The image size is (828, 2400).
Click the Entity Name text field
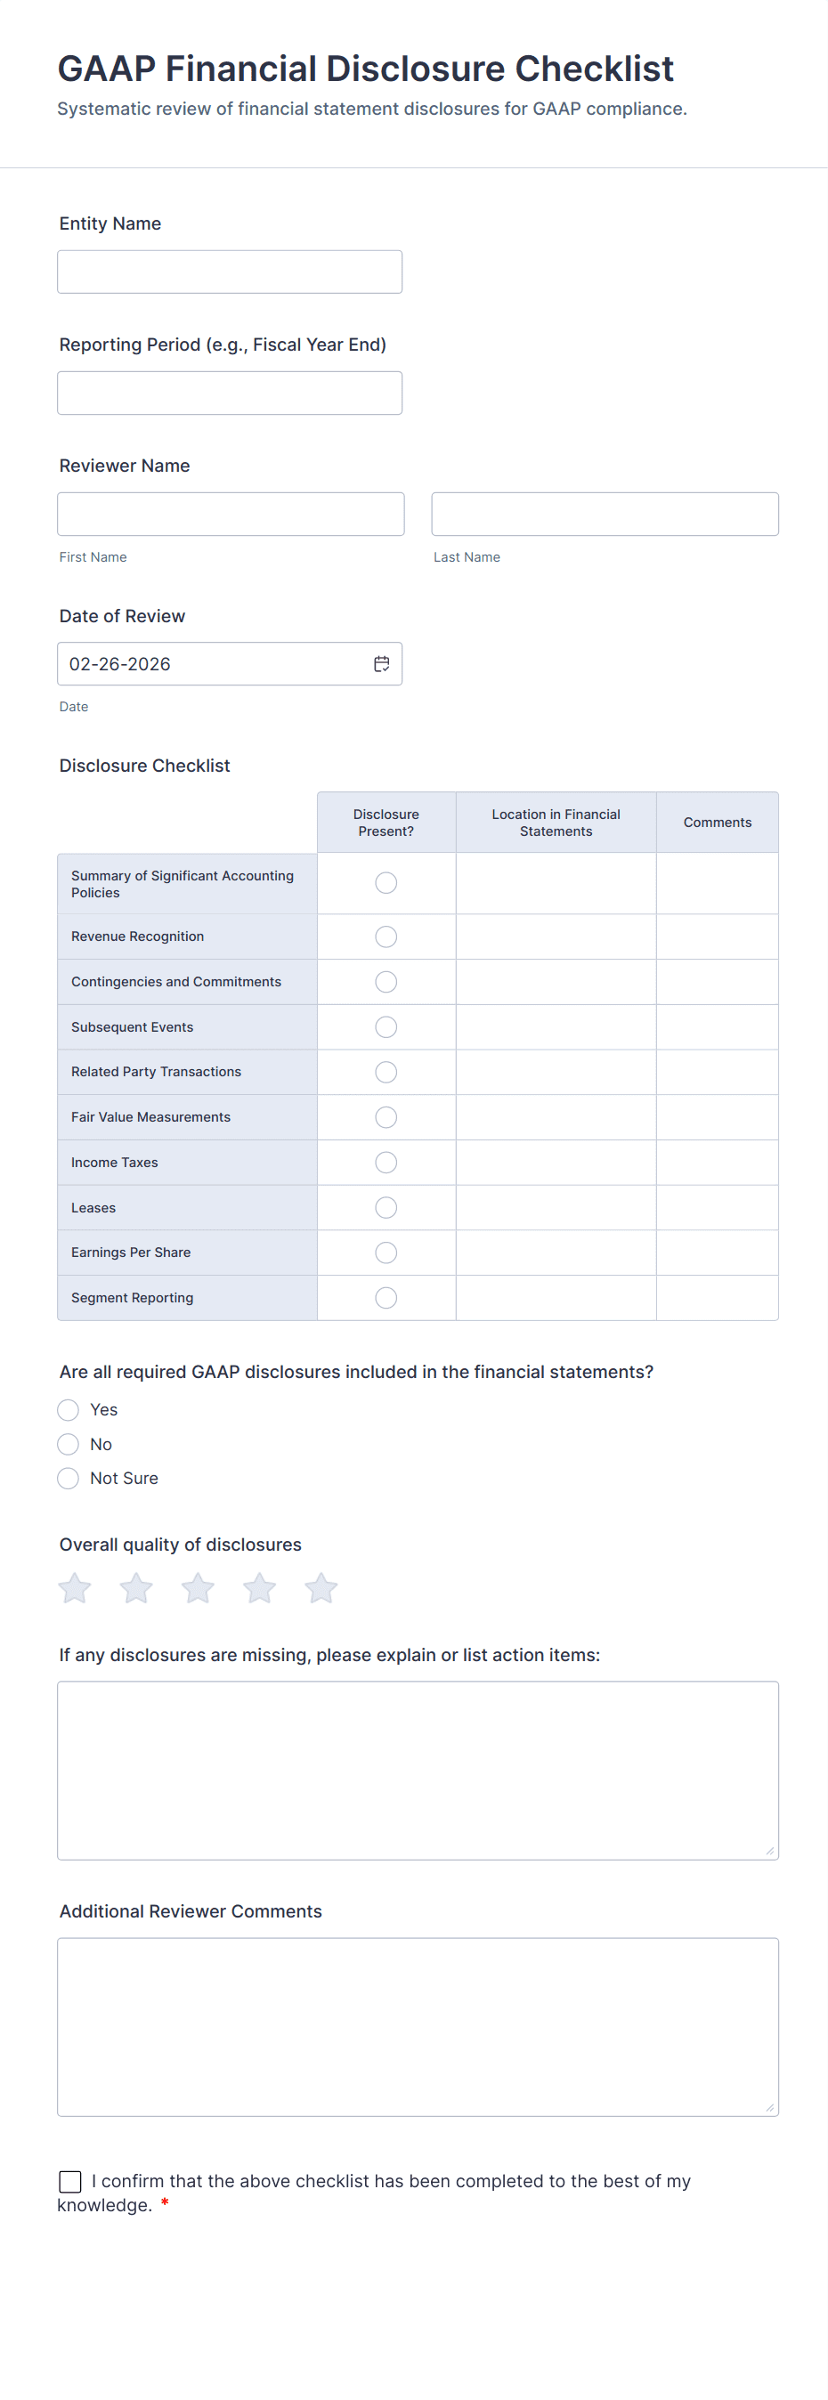point(229,272)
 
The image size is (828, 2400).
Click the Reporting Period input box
point(229,393)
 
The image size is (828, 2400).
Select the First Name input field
point(230,515)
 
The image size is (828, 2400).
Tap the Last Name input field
point(605,515)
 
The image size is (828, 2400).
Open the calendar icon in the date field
point(382,664)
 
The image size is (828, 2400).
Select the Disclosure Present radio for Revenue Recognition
point(386,936)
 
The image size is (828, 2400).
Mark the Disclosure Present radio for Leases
point(386,1207)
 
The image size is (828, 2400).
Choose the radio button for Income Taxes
point(386,1163)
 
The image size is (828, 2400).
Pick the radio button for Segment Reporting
point(386,1298)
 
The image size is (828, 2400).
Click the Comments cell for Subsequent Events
point(718,1026)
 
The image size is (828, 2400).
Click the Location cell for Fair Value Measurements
point(556,1117)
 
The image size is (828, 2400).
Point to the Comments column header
point(718,823)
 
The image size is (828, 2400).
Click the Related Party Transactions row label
point(157,1073)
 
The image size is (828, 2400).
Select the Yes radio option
point(68,1409)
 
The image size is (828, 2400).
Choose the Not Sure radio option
point(68,1479)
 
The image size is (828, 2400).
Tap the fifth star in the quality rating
point(321,1587)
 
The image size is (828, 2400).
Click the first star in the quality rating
point(76,1587)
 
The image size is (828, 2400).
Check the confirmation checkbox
point(69,2181)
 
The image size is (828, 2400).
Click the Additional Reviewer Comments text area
point(418,2026)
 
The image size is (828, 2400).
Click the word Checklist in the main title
point(594,69)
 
